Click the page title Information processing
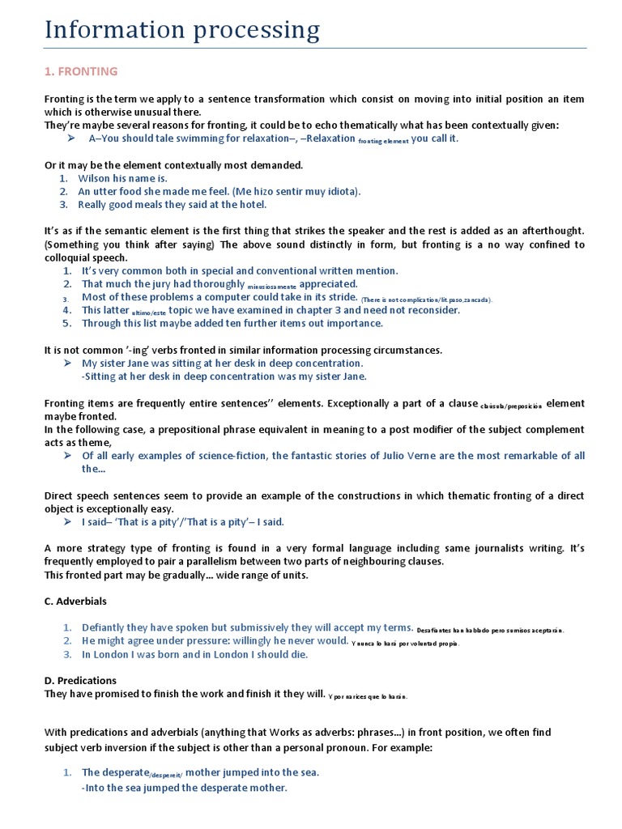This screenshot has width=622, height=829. (x=182, y=30)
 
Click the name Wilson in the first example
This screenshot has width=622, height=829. (x=94, y=178)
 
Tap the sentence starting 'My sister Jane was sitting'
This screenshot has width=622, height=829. (x=222, y=363)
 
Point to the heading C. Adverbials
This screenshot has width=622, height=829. (x=75, y=602)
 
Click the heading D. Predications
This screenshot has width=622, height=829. (x=80, y=681)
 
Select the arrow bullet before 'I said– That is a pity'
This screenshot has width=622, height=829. (x=70, y=522)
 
